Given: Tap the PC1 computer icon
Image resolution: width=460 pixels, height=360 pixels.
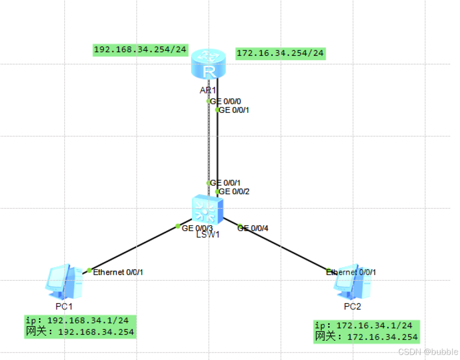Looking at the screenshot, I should click(64, 282).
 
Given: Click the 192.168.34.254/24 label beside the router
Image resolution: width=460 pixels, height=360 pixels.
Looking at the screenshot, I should click(140, 49).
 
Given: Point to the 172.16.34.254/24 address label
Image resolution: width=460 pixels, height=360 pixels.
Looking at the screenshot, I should click(280, 53).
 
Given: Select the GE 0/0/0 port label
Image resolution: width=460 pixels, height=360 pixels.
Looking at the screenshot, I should click(225, 101).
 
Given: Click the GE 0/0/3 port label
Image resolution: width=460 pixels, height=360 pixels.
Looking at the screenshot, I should click(197, 228).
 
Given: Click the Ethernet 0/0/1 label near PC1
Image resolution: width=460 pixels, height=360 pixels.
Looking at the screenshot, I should click(118, 272).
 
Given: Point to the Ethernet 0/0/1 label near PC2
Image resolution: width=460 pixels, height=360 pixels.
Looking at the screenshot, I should click(351, 272).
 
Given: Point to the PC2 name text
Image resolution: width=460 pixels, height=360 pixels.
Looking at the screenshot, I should click(352, 306).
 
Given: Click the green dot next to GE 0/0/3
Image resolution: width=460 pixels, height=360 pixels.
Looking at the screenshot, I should click(178, 226).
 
